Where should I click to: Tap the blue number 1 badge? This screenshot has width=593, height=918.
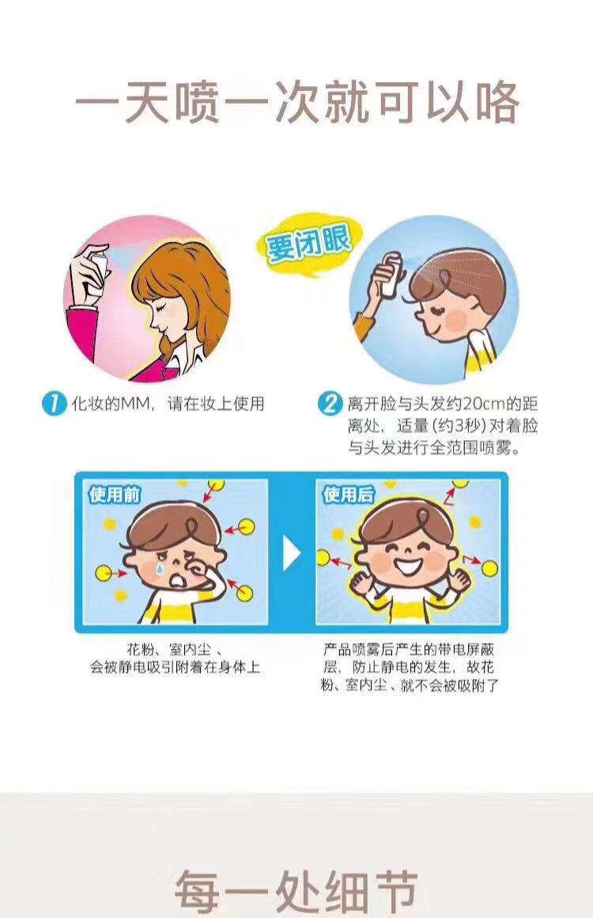[x=54, y=404]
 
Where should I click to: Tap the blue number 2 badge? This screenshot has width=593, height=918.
[x=330, y=404]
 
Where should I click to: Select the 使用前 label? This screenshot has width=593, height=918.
[x=115, y=495]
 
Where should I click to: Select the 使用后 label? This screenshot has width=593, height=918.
[x=349, y=495]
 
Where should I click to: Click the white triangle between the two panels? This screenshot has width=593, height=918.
[x=291, y=553]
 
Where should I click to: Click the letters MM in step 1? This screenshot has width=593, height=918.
[x=136, y=404]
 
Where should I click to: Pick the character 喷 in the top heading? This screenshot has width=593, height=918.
[x=197, y=102]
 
